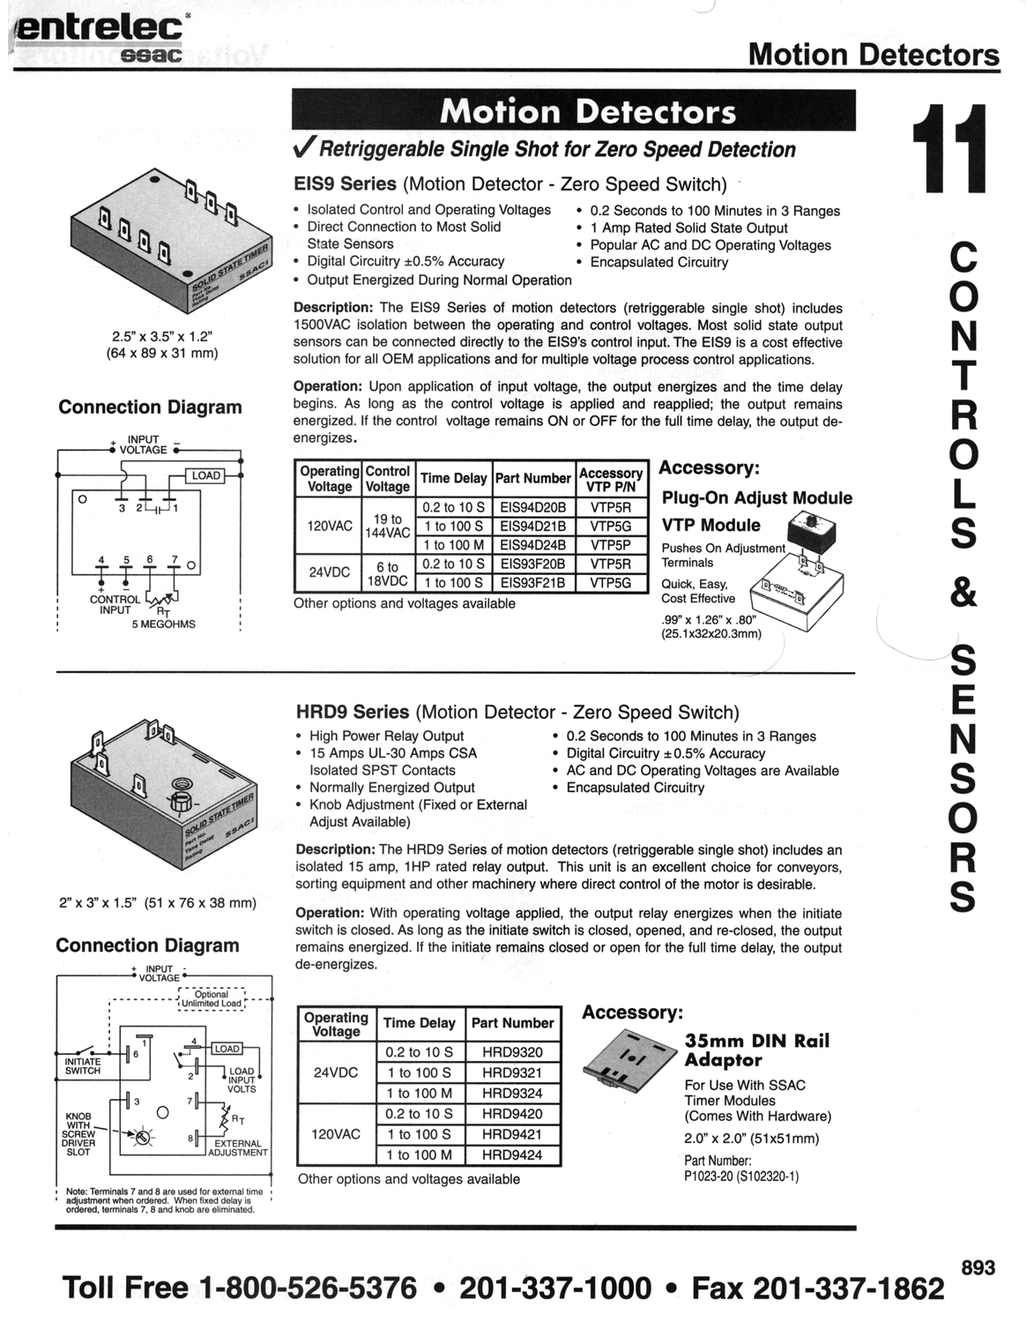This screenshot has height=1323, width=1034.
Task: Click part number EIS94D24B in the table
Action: (533, 544)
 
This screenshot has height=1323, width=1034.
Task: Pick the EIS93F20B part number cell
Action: (533, 564)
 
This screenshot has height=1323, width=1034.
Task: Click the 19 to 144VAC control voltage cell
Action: (387, 526)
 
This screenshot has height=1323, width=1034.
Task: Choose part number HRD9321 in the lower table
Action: (512, 1073)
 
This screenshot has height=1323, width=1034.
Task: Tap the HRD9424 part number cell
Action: (512, 1155)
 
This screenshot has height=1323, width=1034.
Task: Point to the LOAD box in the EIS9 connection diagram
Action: (206, 475)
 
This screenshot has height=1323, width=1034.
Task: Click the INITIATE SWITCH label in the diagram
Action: (82, 1066)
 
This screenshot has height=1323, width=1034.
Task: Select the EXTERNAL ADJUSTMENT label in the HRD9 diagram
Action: (238, 1147)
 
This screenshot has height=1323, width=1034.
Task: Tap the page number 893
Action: (978, 1268)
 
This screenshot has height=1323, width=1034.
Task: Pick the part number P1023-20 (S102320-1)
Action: (741, 1176)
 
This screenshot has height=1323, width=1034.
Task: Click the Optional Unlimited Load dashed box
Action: (211, 998)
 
